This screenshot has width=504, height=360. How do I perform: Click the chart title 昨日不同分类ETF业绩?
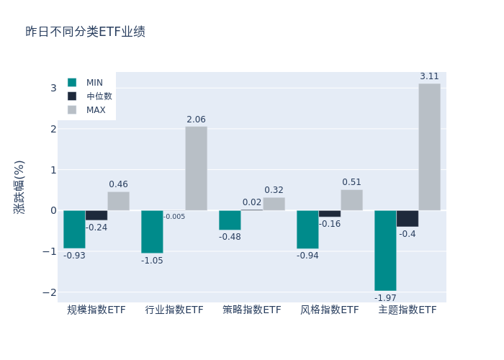[85, 32]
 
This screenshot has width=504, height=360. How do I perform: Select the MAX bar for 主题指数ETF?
[429, 147]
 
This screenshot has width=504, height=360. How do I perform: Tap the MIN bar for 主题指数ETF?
[385, 251]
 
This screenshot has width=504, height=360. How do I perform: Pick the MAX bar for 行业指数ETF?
[196, 168]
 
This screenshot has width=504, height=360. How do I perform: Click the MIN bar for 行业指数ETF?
[152, 232]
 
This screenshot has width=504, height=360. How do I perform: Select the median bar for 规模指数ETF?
[96, 215]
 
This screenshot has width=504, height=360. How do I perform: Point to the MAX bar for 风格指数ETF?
[351, 200]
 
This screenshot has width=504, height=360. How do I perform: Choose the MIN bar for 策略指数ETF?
[230, 220]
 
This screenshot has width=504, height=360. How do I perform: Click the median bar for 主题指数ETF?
[407, 218]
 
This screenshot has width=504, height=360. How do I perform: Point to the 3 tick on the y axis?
[53, 88]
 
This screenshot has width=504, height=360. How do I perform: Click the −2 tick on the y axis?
[50, 292]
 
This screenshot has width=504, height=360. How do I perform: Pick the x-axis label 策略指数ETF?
[252, 310]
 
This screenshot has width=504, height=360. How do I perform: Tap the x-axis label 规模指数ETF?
[96, 310]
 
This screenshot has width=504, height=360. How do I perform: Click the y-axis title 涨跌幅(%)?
[19, 187]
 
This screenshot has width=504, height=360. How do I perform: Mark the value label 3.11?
[429, 76]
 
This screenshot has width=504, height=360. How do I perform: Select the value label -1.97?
[385, 297]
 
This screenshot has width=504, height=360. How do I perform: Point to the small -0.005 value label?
[174, 217]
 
